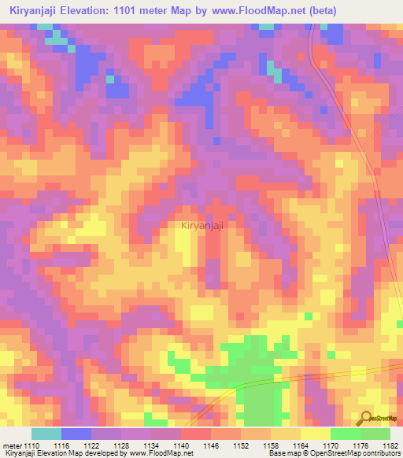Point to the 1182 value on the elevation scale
(388, 445)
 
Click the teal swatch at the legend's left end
(46, 434)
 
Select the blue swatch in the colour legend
(76, 434)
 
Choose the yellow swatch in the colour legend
(315, 434)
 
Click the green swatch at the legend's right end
(375, 434)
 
